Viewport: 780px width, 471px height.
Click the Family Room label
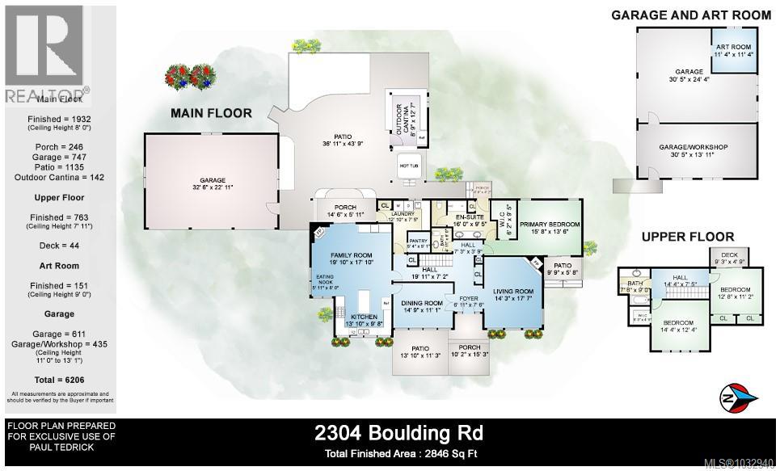coord(350,254)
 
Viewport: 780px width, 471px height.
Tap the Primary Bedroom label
coord(550,224)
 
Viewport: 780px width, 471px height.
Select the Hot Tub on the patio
coord(407,166)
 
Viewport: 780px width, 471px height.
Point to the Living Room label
coord(513,291)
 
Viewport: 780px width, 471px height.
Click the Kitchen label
coord(364,317)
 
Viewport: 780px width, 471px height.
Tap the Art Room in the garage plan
coord(734,48)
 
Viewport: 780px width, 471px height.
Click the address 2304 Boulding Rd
coord(398,432)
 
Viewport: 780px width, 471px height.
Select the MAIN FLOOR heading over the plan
coord(211,113)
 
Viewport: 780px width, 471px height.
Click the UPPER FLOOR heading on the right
coord(688,237)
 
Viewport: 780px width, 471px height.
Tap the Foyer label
coord(467,297)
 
